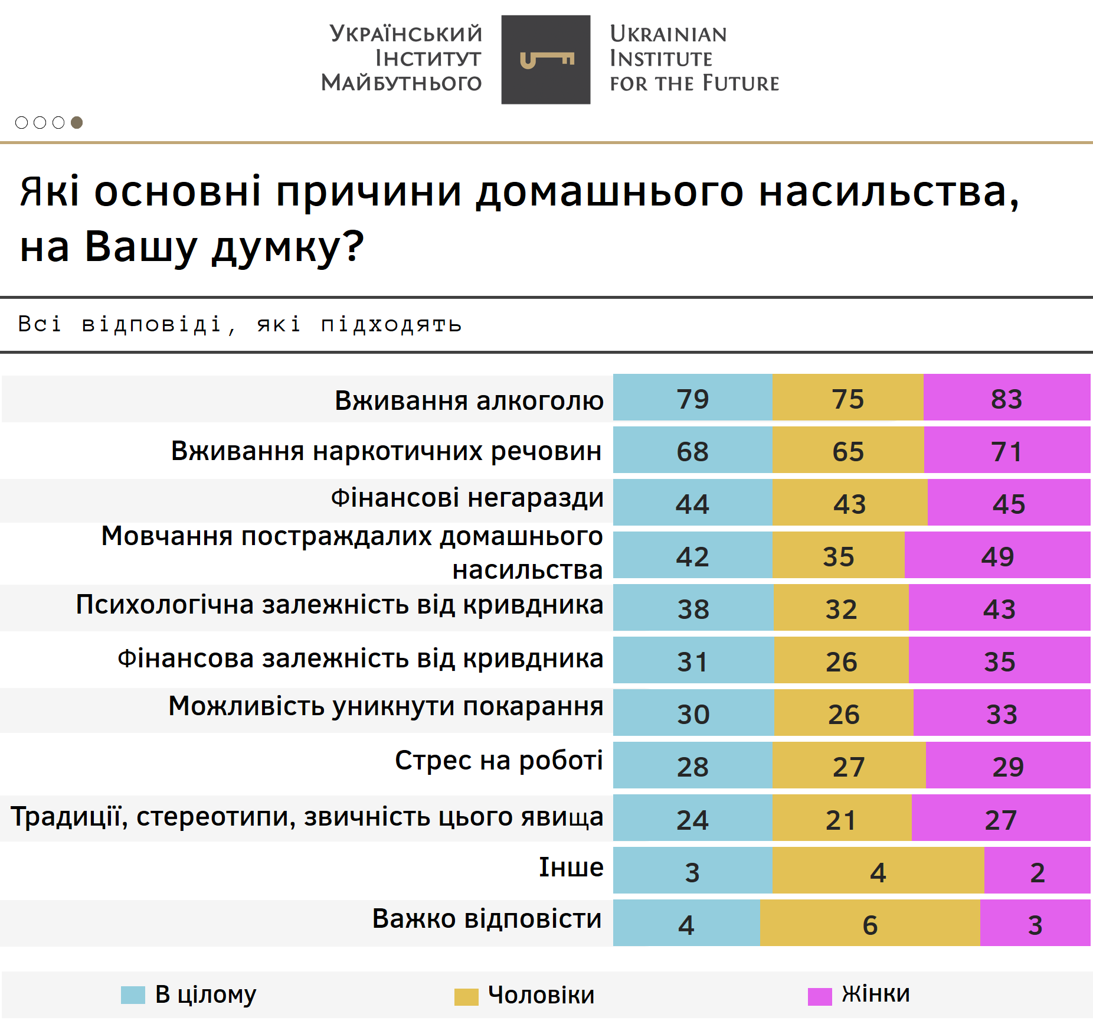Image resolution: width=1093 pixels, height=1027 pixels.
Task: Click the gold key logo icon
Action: click(x=546, y=60)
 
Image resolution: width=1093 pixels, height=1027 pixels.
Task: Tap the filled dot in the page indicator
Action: click(x=77, y=122)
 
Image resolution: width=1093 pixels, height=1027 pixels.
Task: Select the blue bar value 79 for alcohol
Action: click(x=692, y=398)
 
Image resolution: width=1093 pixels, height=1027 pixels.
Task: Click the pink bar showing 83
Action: click(x=1006, y=398)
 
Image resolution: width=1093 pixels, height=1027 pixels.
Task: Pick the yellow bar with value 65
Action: click(x=848, y=451)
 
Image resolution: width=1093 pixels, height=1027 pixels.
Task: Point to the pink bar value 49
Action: click(x=997, y=556)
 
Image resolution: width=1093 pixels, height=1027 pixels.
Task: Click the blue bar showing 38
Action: click(x=693, y=608)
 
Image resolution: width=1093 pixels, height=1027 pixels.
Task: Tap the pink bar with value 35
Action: click(x=999, y=661)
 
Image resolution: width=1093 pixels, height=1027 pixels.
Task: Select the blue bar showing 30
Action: click(x=693, y=713)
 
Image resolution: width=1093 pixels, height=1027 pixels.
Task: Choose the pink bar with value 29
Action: click(x=1007, y=766)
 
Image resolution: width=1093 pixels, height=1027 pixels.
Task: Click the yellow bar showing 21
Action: click(x=841, y=819)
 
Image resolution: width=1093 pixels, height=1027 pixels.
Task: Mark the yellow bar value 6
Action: click(x=870, y=924)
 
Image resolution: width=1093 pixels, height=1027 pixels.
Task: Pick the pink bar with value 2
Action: click(x=1037, y=871)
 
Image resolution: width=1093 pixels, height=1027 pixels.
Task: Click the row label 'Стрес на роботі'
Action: click(x=499, y=761)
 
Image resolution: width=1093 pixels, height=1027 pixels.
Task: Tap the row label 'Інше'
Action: click(x=571, y=867)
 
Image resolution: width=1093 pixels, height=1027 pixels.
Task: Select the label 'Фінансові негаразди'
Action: click(x=467, y=498)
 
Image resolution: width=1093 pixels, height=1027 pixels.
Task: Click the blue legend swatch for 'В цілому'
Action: click(x=133, y=995)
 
